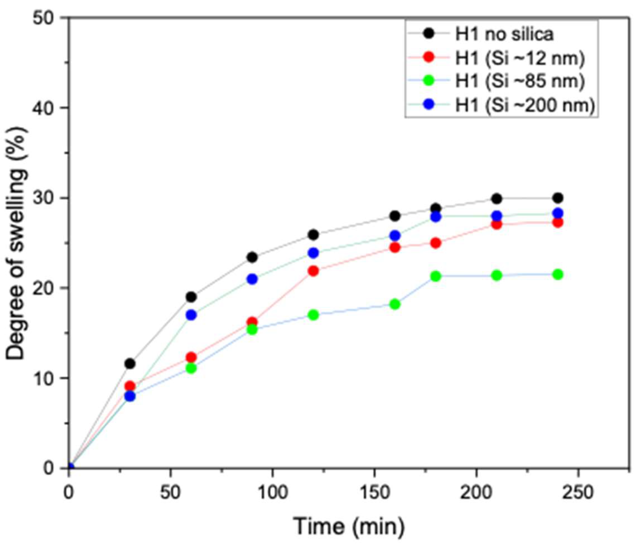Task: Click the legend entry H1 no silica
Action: tap(504, 34)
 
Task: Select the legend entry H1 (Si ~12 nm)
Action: tap(520, 58)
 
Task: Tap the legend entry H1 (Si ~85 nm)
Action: tap(520, 81)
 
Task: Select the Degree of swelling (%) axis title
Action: tap(17, 243)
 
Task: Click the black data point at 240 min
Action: tap(558, 198)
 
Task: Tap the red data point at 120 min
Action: tap(313, 271)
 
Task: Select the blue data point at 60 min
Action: tap(191, 315)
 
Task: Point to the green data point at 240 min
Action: tap(558, 275)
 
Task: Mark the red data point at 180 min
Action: tap(436, 243)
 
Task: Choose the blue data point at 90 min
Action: tap(252, 279)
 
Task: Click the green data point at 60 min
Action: tap(191, 368)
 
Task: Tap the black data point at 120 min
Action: tap(313, 235)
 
